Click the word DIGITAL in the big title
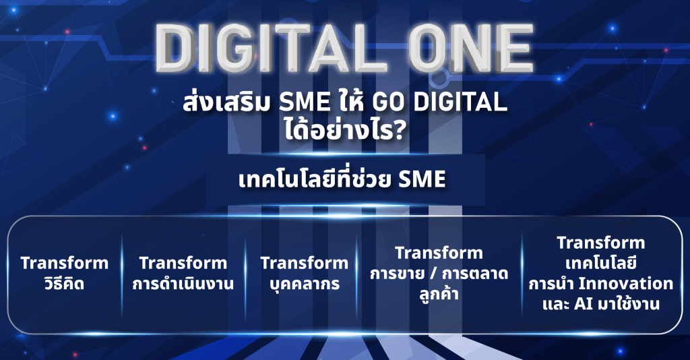[272, 49]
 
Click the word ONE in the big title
[471, 49]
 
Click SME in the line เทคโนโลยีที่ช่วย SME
[422, 180]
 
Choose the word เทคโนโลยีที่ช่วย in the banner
[315, 179]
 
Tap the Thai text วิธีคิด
[64, 282]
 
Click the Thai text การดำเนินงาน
[183, 283]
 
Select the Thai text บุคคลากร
[305, 284]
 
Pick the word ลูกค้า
[439, 293]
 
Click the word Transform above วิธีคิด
[64, 263]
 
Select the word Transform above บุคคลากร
[305, 263]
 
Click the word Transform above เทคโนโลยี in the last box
[600, 243]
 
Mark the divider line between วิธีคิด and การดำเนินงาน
[122, 276]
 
